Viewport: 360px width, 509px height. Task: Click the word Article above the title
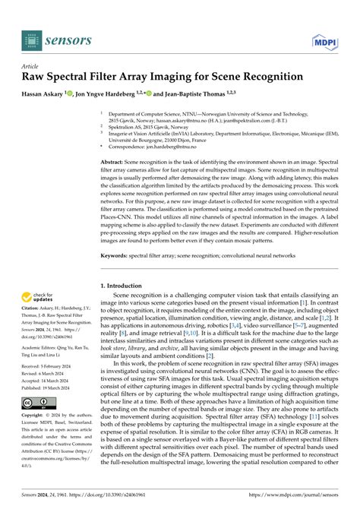[32, 66]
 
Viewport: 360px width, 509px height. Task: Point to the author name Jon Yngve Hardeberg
[121, 93]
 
